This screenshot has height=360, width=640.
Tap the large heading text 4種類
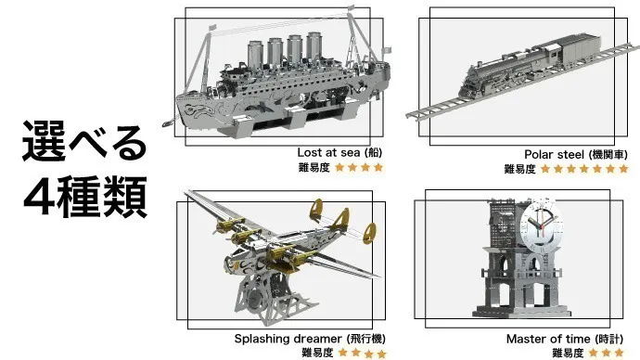(84, 196)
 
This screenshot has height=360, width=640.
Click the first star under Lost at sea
(339, 168)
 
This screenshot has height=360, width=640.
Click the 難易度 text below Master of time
(568, 354)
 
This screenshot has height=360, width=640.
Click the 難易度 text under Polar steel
(519, 169)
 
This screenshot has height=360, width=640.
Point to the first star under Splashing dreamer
(341, 354)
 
